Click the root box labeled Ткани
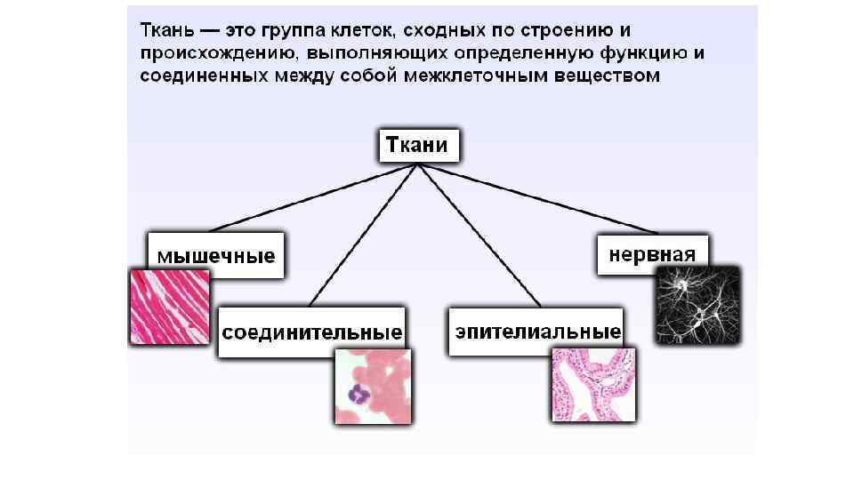(420, 146)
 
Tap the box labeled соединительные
(311, 333)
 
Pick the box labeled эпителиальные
(537, 332)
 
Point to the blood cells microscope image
(372, 387)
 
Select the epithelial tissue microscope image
(593, 384)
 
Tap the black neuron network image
(697, 305)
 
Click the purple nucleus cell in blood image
(360, 394)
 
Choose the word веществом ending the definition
(611, 76)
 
